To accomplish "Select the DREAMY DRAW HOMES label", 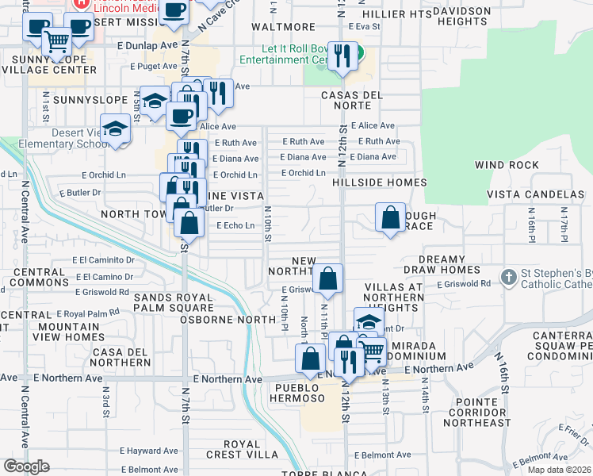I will point(442,265).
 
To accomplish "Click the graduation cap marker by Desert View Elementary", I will point(116,129).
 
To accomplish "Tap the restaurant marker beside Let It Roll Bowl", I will point(342,56).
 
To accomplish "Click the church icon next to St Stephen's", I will point(507,277).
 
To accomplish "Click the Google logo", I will point(26,466).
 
